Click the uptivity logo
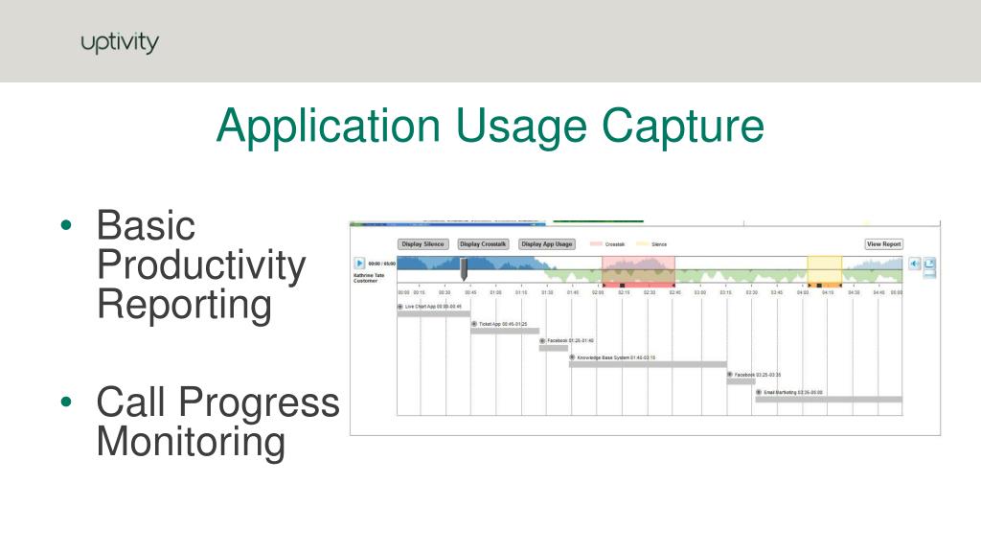click(120, 43)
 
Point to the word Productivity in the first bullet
click(201, 266)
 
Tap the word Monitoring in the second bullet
click(192, 443)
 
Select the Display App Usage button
click(547, 244)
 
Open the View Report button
click(883, 244)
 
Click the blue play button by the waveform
click(360, 264)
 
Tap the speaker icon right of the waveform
click(914, 264)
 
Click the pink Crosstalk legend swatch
click(596, 244)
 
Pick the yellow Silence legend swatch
click(643, 244)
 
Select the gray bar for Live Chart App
click(433, 314)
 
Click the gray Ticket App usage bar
click(504, 332)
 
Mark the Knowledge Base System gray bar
click(648, 364)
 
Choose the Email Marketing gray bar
click(828, 399)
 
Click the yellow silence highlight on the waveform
click(824, 268)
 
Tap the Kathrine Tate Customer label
click(371, 278)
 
